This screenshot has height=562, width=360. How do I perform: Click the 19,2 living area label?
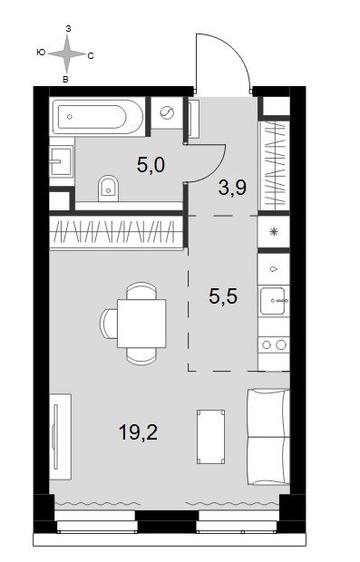pyautogui.click(x=138, y=432)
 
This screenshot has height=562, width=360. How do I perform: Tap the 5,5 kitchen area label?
pyautogui.click(x=223, y=296)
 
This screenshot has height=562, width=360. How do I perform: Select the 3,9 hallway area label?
pyautogui.click(x=232, y=188)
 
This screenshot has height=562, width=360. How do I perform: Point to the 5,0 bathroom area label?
pyautogui.click(x=151, y=165)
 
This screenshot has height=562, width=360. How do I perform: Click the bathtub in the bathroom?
pyautogui.click(x=98, y=117)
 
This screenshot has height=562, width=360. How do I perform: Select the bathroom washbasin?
pyautogui.click(x=61, y=160)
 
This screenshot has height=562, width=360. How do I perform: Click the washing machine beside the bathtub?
pyautogui.click(x=167, y=113)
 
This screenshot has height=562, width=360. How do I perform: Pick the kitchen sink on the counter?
pyautogui.click(x=275, y=301)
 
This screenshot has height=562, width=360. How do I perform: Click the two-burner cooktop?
pyautogui.click(x=274, y=344)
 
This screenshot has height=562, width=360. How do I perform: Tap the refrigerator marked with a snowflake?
pyautogui.click(x=274, y=231)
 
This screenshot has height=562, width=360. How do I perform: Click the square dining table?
pyautogui.click(x=141, y=324)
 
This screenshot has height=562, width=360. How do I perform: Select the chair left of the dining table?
pyautogui.click(x=109, y=324)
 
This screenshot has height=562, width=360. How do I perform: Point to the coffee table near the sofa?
pyautogui.click(x=211, y=437)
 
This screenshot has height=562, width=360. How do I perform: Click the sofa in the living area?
pyautogui.click(x=268, y=437)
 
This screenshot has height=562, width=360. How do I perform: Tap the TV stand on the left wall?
pyautogui.click(x=60, y=437)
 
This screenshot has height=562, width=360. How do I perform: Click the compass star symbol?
pyautogui.click(x=67, y=54)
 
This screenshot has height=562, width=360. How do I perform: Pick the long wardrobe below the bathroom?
pyautogui.click(x=116, y=232)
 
